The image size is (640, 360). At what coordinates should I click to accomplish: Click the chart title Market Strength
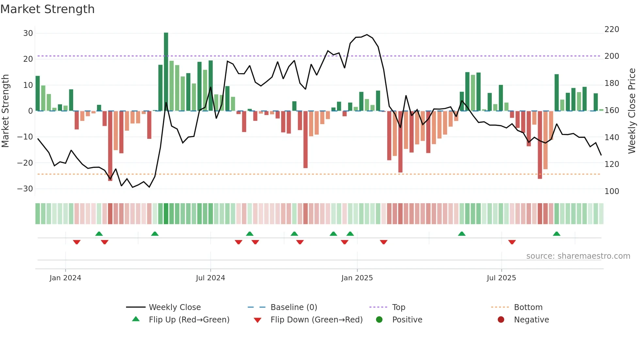47,9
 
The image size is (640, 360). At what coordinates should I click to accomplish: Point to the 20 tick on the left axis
28,59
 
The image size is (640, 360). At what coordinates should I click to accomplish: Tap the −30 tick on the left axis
25,189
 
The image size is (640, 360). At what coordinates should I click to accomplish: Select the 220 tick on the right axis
612,29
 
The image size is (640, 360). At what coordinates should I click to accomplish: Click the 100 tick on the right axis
612,191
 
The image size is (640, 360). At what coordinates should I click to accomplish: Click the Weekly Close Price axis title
632,111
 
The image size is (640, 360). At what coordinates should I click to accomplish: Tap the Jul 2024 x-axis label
210,278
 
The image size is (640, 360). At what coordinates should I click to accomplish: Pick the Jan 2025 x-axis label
357,278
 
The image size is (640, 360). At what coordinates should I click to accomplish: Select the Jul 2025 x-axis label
501,278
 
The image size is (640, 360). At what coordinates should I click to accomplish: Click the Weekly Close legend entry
174,307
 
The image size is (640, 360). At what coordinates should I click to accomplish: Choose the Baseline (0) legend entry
294,307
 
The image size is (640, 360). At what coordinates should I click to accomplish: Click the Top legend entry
398,307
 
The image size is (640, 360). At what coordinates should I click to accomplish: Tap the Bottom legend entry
528,307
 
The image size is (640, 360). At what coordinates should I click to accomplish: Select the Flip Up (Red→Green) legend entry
189,320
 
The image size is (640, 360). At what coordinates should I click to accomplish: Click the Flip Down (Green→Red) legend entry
316,320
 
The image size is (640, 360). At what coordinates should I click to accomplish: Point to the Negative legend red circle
501,319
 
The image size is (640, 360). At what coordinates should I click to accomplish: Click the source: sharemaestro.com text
578,256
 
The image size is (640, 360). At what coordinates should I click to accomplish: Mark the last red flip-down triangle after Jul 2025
512,242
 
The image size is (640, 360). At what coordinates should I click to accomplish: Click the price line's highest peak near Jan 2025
367,35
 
